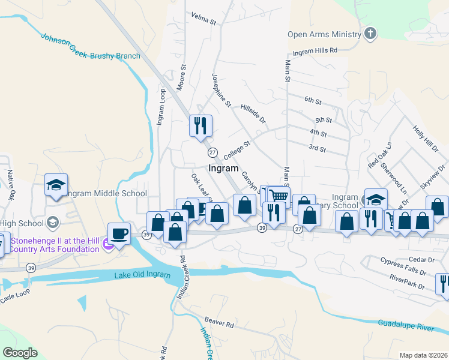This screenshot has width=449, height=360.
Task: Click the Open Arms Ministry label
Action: click(325, 34)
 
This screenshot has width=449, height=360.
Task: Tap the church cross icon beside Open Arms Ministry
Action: click(371, 33)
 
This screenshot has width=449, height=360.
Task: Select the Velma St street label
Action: click(203, 18)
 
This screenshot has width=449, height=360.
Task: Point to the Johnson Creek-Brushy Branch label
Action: click(90, 47)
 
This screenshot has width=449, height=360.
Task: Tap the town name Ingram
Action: click(223, 169)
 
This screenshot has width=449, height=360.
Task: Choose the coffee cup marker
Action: click(119, 233)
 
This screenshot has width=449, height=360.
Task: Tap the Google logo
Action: click(20, 353)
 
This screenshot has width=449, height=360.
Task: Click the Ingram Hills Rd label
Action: click(316, 52)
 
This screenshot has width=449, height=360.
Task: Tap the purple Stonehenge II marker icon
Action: click(107, 244)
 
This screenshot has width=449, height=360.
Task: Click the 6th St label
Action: click(313, 100)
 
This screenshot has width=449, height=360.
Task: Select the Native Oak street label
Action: click(10, 185)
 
